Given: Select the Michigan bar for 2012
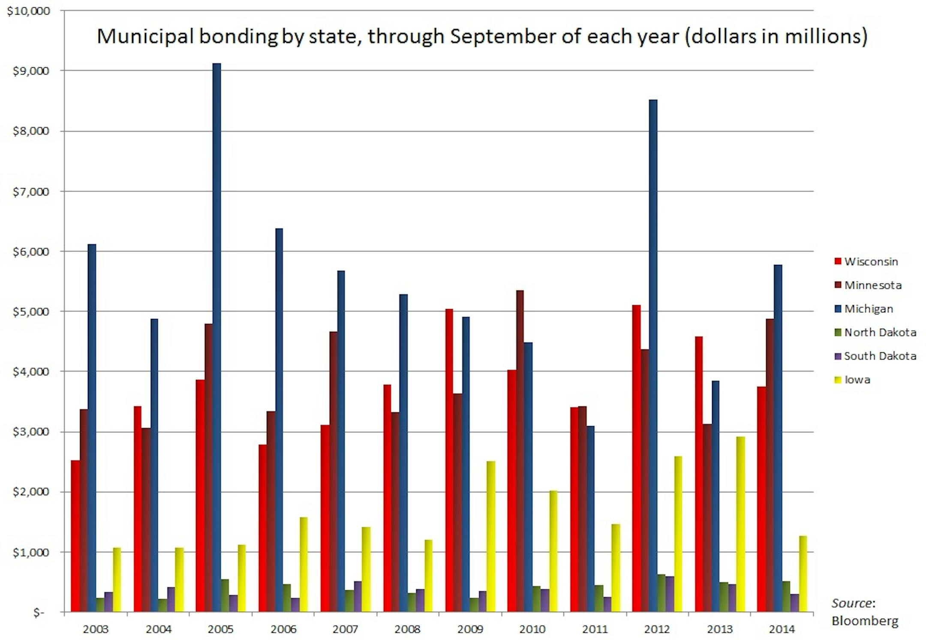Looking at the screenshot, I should (x=653, y=356).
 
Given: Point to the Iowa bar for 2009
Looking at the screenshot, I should (x=491, y=536).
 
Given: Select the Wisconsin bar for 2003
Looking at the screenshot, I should (x=75, y=536).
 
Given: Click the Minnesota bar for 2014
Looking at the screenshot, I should (x=770, y=465).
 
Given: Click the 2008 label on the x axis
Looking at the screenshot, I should (x=407, y=629).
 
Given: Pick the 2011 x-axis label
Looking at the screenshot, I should (x=595, y=629).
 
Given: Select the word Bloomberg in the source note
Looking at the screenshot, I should (x=865, y=621).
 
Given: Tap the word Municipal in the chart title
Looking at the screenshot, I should (x=145, y=36).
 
